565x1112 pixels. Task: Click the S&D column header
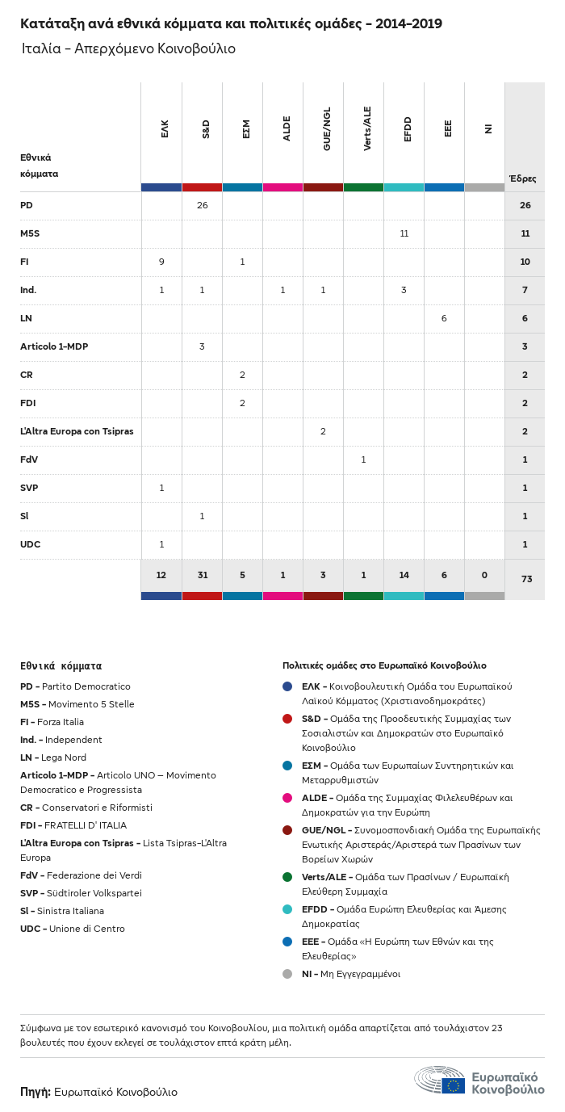[206, 129]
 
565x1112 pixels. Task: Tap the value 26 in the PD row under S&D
[202, 205]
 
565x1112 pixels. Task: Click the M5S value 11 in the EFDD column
[404, 233]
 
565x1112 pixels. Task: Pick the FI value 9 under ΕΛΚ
[161, 262]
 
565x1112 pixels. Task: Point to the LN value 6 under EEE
[444, 318]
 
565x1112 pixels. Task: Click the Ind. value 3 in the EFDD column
[404, 290]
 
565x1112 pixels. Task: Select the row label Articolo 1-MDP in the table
[54, 346]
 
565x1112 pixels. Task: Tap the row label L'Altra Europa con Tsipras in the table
[77, 431]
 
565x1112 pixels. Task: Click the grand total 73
[525, 579]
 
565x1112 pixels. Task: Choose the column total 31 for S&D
[202, 575]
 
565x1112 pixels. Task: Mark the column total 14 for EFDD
[404, 575]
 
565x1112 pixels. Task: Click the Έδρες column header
[522, 178]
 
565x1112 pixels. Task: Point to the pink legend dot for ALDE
[287, 798]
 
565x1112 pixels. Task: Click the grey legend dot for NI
[287, 974]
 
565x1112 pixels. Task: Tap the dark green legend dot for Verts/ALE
[287, 877]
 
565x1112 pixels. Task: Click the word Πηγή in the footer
[36, 1092]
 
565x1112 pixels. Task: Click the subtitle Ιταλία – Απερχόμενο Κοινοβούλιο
[128, 48]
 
